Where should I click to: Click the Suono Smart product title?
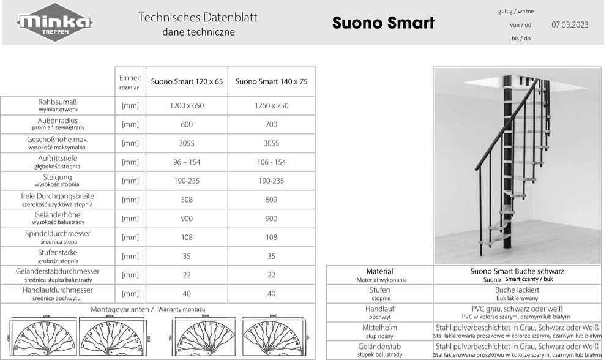(383, 23)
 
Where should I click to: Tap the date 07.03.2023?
(569, 25)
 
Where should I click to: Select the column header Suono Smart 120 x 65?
(187, 81)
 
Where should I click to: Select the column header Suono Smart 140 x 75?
(271, 81)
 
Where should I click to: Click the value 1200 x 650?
(187, 105)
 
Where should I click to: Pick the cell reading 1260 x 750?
(271, 105)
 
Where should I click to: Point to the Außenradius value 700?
(271, 124)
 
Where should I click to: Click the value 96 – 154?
(187, 162)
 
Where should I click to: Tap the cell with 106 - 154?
(271, 162)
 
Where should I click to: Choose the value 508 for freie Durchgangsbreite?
(187, 200)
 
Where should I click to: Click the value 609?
(271, 200)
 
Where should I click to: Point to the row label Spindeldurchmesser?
(58, 234)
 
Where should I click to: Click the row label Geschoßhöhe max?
(59, 140)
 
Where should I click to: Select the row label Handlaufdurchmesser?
(58, 290)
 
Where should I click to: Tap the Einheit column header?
(130, 78)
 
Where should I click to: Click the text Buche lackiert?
(517, 290)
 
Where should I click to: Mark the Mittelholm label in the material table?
(379, 328)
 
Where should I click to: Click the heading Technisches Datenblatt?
(198, 17)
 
